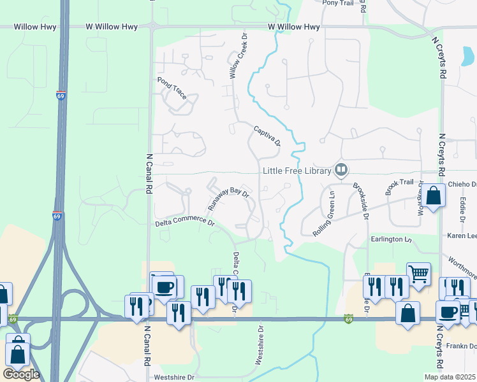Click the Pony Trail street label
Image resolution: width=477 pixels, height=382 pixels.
click(338, 3)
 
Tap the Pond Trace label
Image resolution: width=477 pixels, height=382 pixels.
click(172, 88)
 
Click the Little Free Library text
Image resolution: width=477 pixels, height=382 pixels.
click(297, 171)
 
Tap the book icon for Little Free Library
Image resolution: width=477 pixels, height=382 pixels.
click(341, 170)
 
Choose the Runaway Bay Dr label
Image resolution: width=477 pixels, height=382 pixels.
click(228, 199)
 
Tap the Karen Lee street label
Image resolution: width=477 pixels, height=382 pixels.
click(462, 236)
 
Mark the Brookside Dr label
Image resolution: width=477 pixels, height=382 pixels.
click(361, 201)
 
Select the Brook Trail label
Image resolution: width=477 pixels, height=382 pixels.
click(399, 187)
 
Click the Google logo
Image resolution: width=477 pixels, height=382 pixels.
click(20, 374)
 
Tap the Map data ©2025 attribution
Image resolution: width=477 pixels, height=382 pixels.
click(450, 377)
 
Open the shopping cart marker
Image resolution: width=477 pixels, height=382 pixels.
click(418, 274)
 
